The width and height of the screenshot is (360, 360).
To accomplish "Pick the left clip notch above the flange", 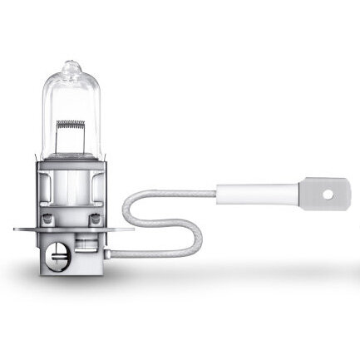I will click(x=43, y=213).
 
